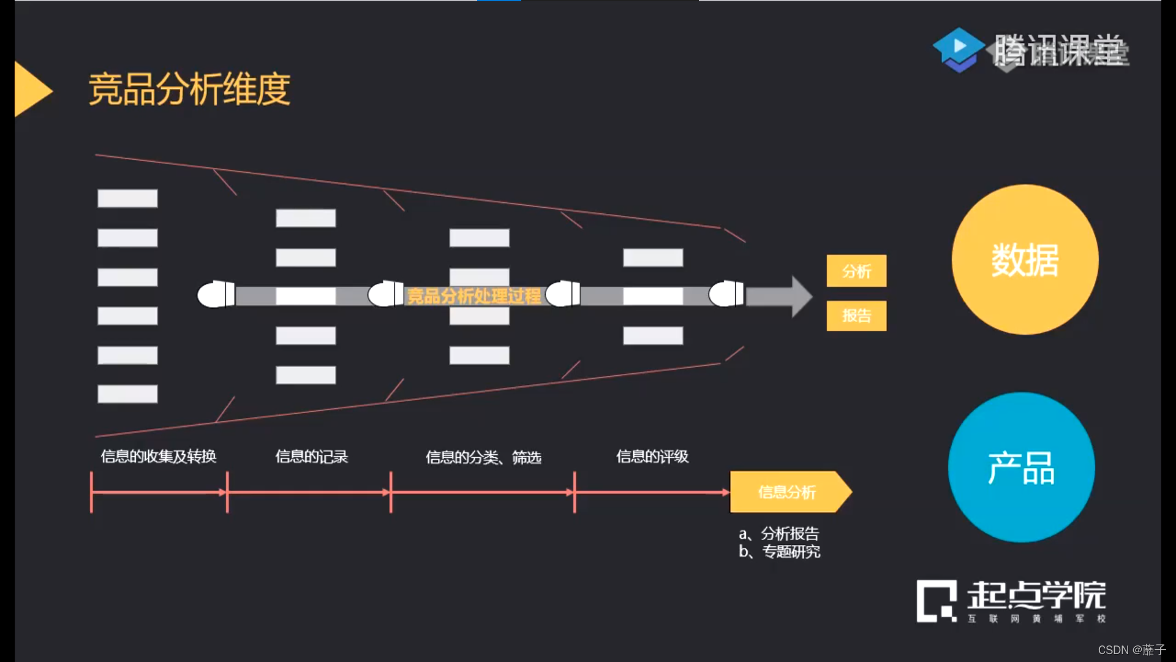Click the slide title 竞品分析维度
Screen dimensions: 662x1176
click(189, 89)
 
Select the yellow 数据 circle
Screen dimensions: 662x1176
click(1025, 259)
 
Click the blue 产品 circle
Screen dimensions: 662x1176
click(1021, 467)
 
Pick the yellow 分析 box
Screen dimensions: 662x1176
click(856, 271)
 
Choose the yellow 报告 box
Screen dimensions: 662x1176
click(856, 316)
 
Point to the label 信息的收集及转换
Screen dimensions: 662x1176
click(159, 457)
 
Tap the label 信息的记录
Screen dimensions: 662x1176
click(311, 457)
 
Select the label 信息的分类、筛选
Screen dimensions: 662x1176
click(483, 457)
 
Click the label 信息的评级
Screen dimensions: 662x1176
click(652, 457)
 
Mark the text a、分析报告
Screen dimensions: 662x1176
click(779, 533)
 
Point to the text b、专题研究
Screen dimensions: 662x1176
click(779, 552)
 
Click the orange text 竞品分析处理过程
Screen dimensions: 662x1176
click(474, 297)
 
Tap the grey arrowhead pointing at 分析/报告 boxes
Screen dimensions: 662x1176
click(800, 297)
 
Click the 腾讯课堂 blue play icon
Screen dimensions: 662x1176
click(959, 48)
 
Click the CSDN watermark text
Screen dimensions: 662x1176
click(1131, 650)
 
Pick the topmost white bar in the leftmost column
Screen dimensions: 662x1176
click(127, 199)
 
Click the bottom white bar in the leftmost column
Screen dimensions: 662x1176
click(127, 394)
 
